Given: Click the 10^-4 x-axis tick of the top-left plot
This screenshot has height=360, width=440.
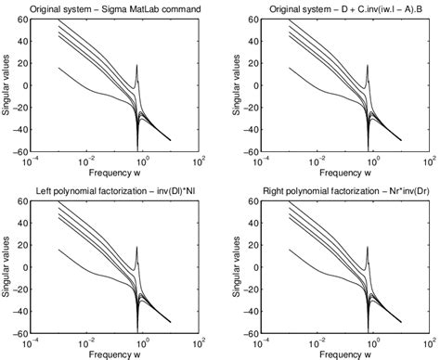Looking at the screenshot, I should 35,161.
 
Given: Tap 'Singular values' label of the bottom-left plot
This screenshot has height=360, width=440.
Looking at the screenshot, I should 9,266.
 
